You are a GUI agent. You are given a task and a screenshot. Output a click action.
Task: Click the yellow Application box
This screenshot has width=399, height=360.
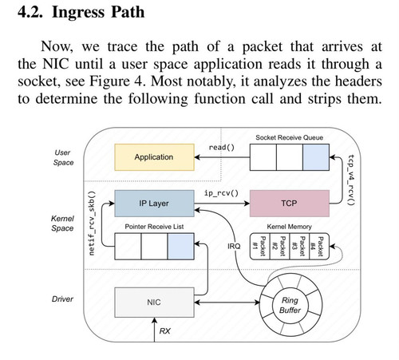coord(154,157)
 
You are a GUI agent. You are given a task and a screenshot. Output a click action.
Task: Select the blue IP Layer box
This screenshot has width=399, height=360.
coord(154,204)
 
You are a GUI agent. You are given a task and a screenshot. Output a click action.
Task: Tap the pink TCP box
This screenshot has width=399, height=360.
coord(290,204)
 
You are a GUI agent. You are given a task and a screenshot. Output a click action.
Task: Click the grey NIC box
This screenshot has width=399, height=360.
coord(154,303)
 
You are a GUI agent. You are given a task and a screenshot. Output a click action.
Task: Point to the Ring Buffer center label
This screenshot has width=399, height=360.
coord(290,305)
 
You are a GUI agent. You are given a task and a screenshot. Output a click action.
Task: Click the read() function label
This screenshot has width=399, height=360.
coord(222,148)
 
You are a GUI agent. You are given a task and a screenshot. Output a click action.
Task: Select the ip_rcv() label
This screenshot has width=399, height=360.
coord(221,193)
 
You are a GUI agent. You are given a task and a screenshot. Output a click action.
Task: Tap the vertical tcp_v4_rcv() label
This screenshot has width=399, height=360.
coord(351,180)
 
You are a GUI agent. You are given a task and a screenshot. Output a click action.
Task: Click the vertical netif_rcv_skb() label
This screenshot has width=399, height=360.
coord(92,224)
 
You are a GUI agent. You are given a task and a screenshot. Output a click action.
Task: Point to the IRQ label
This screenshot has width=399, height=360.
coord(234,247)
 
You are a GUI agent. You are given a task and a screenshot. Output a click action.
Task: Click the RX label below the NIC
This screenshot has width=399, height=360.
coord(165,331)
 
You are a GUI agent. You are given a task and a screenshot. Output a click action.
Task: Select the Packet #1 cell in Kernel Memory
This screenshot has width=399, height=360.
coord(259,247)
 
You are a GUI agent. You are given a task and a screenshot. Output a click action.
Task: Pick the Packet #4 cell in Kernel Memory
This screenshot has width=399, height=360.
coord(319,247)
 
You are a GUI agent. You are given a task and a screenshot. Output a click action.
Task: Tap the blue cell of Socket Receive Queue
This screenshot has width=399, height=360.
coord(316,157)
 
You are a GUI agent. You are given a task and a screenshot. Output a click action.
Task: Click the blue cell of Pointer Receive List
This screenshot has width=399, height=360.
coord(181,247)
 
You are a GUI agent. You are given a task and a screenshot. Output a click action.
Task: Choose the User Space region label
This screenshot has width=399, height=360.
coord(63,157)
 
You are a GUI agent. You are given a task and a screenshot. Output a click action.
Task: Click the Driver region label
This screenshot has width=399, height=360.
coord(62,299)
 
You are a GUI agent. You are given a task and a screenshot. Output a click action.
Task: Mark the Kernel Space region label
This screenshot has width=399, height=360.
coord(62,224)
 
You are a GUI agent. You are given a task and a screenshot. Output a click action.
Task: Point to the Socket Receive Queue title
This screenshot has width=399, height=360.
coord(290,137)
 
